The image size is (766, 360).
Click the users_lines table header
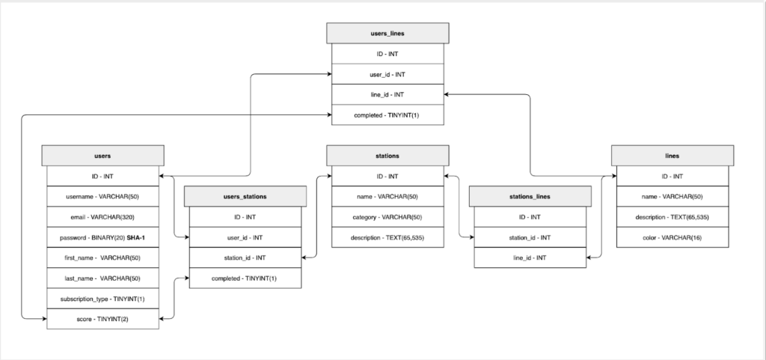point(387,33)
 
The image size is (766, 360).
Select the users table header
point(103,156)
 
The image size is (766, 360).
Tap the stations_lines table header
point(530,197)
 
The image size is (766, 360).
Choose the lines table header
point(672,156)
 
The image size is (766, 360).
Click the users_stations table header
point(245,197)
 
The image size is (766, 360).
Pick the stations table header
point(387,156)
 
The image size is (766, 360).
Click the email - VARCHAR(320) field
point(103,217)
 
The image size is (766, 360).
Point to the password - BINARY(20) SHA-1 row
point(103,237)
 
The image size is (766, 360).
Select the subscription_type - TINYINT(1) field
point(103,299)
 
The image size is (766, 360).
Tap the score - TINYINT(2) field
point(103,319)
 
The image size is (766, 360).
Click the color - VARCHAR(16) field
point(672,237)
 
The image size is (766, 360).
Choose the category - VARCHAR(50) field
point(387,217)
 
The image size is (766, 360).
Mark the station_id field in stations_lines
point(530,237)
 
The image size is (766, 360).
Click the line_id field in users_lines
point(387,95)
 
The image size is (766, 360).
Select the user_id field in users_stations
point(245,237)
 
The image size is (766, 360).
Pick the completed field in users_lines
point(387,115)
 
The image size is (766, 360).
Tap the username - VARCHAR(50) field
point(103,197)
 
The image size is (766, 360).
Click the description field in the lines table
point(672,217)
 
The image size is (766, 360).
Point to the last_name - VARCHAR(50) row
point(103,278)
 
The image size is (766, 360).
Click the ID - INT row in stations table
point(387,177)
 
